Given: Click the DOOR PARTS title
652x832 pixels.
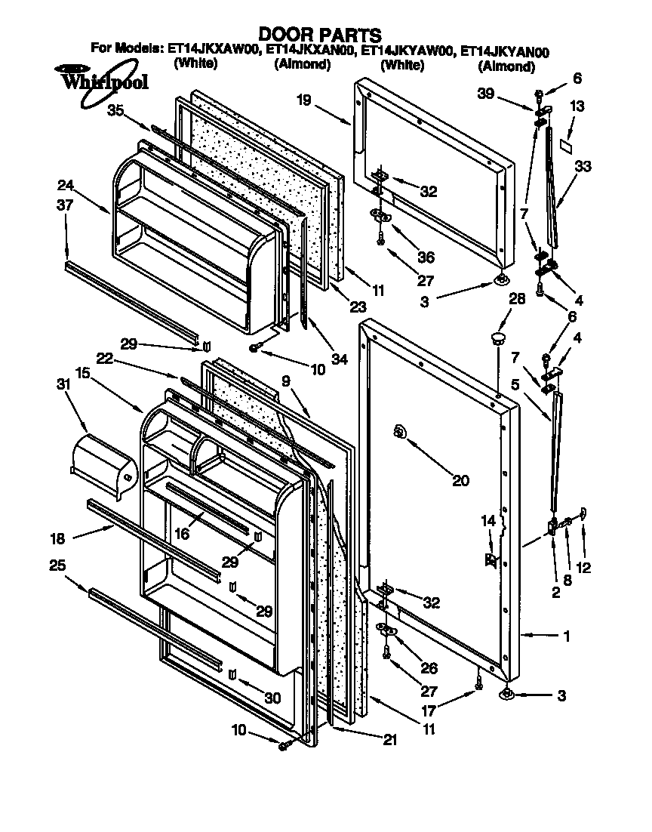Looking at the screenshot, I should click(319, 35).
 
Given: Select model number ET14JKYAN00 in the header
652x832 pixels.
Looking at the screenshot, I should click(505, 52).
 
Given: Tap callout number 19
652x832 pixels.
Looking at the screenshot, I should click(303, 99).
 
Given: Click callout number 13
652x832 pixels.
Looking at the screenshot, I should click(577, 107).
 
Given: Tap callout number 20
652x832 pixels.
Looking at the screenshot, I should click(460, 480).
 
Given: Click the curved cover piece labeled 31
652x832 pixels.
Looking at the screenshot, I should click(103, 466).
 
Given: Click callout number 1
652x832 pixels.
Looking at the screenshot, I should click(566, 636).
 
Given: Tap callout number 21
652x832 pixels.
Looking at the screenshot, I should click(389, 741).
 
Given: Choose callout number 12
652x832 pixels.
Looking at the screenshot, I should click(583, 568).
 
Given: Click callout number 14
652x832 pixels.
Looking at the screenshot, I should click(487, 520).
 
